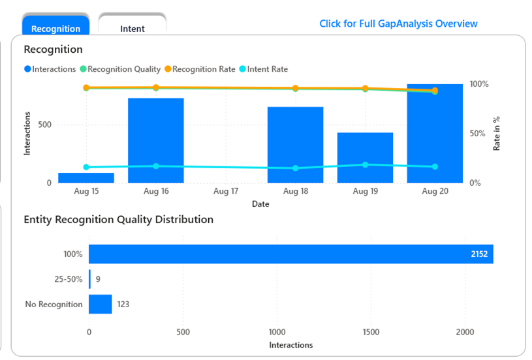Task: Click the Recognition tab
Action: click(55, 28)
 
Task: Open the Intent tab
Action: click(133, 28)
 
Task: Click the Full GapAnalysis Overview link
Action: click(398, 23)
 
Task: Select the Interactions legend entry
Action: click(50, 69)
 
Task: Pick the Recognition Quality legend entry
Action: click(120, 69)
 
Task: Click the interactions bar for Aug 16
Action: click(155, 140)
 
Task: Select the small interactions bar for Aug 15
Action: click(86, 177)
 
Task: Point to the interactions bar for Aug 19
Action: click(365, 158)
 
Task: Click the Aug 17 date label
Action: click(226, 192)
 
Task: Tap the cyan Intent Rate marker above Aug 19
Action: click(365, 164)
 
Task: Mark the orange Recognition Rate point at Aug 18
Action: click(295, 88)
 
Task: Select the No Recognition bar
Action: click(101, 304)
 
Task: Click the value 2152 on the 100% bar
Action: click(480, 254)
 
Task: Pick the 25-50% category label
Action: click(68, 279)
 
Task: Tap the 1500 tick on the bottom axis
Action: click(371, 331)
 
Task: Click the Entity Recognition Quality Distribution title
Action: click(118, 220)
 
